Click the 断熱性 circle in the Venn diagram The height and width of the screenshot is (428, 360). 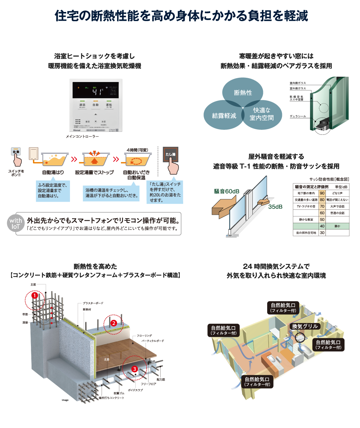point(243,92)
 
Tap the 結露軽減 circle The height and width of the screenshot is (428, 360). point(224,115)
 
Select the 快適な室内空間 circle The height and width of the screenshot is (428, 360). point(262,114)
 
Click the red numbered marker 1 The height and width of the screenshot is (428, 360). point(34,296)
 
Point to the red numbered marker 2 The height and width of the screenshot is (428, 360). point(114,323)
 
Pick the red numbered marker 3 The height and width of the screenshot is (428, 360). point(134,369)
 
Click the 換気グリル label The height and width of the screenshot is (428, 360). point(304,326)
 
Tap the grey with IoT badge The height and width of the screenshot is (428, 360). point(15,224)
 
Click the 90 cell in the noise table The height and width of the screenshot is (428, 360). point(322,193)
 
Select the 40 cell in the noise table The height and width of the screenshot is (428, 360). point(322,226)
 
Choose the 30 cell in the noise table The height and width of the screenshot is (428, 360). point(322,233)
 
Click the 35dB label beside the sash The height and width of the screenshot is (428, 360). point(275,207)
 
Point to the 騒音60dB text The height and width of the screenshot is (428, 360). point(227,191)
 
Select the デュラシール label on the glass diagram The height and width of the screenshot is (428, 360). point(298,116)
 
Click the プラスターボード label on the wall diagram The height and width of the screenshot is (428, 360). point(93,303)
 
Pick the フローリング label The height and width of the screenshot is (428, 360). point(144,336)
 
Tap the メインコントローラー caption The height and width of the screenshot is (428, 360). point(82,137)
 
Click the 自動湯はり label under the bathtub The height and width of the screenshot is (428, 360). point(53,172)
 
